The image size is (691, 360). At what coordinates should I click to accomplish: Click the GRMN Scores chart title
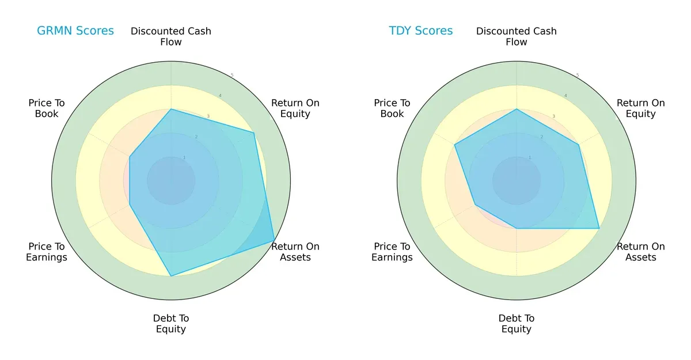coord(75,31)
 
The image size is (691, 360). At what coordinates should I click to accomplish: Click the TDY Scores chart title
coord(421,31)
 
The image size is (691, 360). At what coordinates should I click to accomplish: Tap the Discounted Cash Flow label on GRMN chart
coord(171,36)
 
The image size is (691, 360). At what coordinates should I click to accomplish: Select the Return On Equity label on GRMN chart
coord(295,108)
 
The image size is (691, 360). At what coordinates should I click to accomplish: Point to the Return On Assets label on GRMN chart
coord(295,252)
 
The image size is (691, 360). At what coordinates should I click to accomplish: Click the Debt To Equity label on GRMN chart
coord(171,324)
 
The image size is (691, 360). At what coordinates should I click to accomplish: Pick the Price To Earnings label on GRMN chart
coord(47,252)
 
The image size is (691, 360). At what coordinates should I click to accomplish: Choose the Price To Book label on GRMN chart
coord(47,108)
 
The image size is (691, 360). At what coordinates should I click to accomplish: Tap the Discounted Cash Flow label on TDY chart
coord(517,36)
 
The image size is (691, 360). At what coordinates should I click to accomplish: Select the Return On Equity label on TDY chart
coord(640,108)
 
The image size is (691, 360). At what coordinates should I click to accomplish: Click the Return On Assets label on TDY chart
coord(640,252)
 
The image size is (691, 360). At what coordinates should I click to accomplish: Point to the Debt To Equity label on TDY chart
coord(517,324)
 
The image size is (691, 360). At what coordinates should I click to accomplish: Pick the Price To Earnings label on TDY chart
coord(392,252)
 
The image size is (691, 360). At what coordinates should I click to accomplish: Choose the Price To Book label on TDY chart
coord(392,108)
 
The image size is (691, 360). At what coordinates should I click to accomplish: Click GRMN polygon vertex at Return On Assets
coord(274,241)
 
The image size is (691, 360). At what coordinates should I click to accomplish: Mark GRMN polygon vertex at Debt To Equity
coord(171,276)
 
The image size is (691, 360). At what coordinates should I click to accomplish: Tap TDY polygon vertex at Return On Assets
coord(599,228)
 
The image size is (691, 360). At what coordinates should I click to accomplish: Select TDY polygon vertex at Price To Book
coord(455,145)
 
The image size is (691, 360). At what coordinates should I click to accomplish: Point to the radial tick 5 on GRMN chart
coord(231,75)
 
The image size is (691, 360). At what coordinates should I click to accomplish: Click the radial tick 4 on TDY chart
coord(565,96)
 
